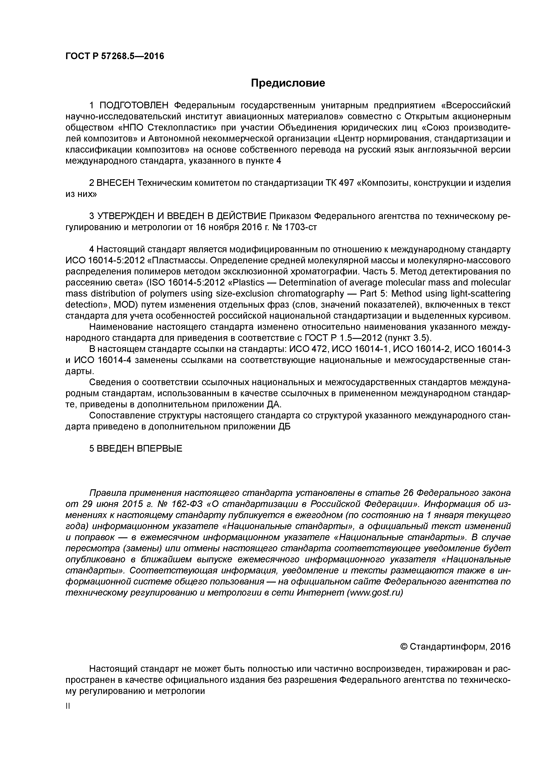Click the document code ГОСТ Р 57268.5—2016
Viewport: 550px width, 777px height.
click(114, 56)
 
